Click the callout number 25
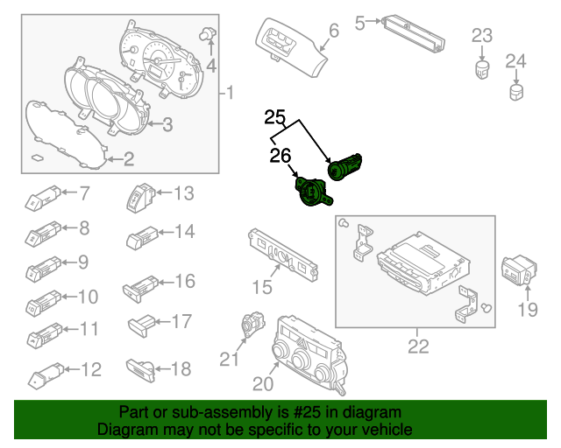tap(275, 116)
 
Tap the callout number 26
tap(280, 157)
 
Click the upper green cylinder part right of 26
tap(348, 166)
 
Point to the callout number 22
tap(418, 346)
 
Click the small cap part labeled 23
tap(482, 67)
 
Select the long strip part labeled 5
tap(413, 30)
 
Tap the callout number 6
tap(333, 32)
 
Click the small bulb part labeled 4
tap(209, 34)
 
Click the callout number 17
tap(181, 322)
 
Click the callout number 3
tap(167, 124)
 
